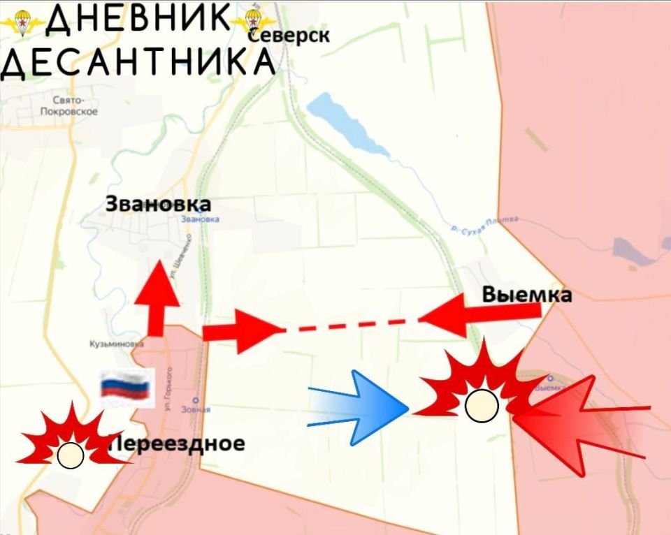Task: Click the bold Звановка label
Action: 158,204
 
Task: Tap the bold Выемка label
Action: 527,295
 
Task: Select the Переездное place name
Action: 178,443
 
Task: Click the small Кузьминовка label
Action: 116,344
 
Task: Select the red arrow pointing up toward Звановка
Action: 156,297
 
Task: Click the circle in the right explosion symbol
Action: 481,406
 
